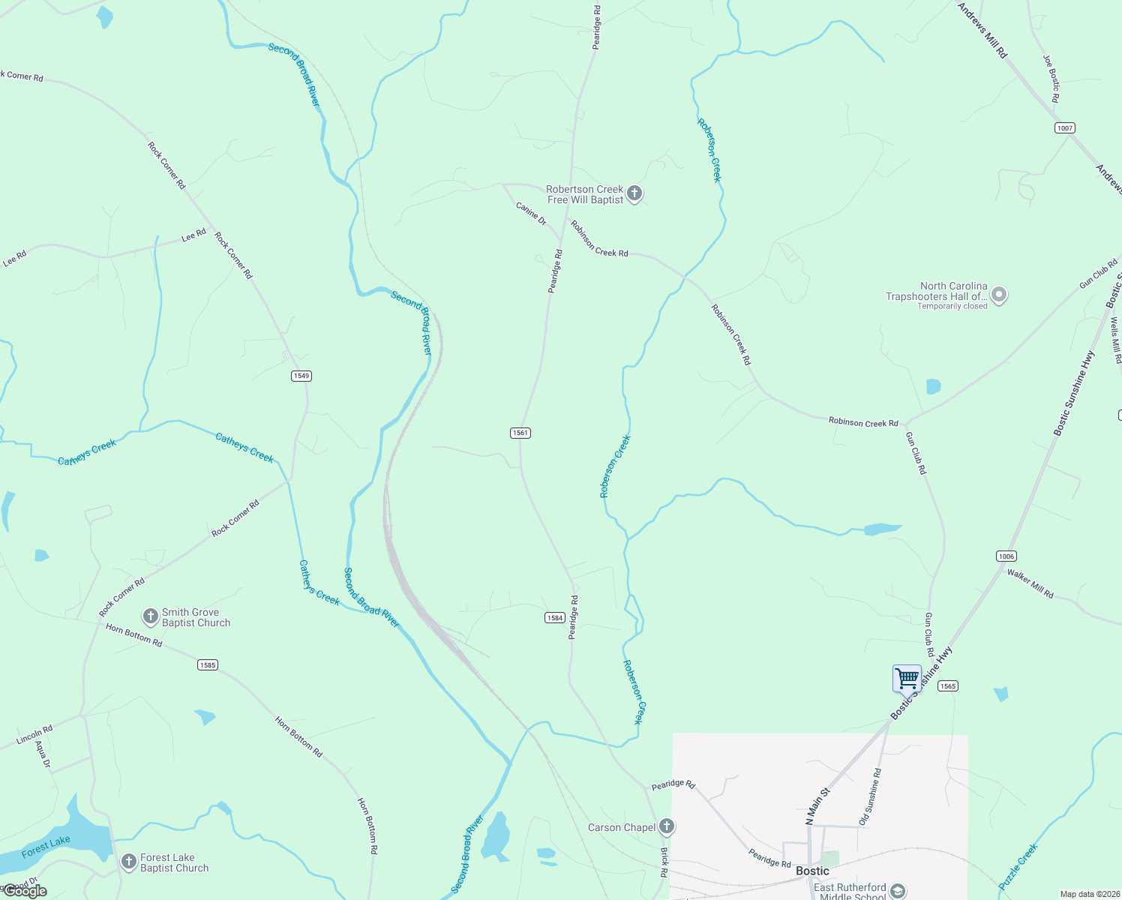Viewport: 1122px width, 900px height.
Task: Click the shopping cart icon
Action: (907, 678)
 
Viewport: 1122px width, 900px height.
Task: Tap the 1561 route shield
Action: (520, 433)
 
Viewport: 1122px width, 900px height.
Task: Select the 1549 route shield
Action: (301, 376)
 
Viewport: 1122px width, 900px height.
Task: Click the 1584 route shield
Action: (554, 618)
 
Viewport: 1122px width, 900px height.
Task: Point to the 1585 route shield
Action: (208, 665)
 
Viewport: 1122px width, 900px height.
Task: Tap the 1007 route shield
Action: (1065, 128)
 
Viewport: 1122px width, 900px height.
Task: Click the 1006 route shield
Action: (1006, 556)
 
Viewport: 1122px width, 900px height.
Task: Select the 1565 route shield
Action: (948, 686)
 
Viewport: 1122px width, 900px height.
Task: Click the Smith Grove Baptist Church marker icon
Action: (150, 616)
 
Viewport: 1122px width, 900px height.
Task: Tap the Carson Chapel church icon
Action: (667, 827)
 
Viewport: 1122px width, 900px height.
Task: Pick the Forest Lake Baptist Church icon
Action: (129, 862)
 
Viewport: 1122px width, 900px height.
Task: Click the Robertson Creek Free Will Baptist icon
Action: (634, 194)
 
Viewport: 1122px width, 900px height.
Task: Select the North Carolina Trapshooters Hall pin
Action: (999, 295)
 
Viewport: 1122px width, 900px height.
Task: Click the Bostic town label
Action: (812, 871)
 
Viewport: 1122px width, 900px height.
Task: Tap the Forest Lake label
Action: (46, 847)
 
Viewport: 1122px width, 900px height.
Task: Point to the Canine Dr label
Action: (531, 213)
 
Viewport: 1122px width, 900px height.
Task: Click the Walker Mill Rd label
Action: (1030, 583)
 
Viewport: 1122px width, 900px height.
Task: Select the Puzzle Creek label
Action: (1018, 866)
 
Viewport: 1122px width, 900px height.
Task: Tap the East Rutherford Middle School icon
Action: (898, 891)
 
